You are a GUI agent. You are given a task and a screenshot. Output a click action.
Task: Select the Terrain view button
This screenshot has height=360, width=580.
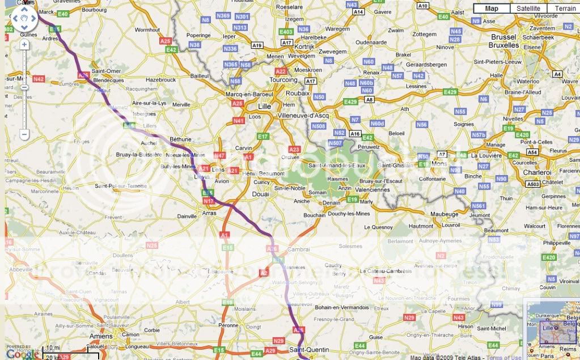[565, 9]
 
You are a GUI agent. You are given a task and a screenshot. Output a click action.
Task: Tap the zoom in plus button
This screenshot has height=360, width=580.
[24, 44]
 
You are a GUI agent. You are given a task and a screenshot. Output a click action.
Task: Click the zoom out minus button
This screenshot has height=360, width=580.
[24, 134]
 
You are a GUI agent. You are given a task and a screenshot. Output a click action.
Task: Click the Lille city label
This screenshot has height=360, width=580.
[265, 106]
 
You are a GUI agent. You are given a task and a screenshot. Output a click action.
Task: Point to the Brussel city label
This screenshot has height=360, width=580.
[503, 37]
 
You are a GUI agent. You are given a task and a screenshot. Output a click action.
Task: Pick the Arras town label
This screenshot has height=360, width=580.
[209, 214]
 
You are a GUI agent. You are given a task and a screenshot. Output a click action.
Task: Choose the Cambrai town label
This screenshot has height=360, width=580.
[299, 249]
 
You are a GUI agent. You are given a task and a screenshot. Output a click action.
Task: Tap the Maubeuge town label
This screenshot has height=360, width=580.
[444, 214]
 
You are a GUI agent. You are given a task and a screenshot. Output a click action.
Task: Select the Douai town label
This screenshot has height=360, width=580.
[260, 194]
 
